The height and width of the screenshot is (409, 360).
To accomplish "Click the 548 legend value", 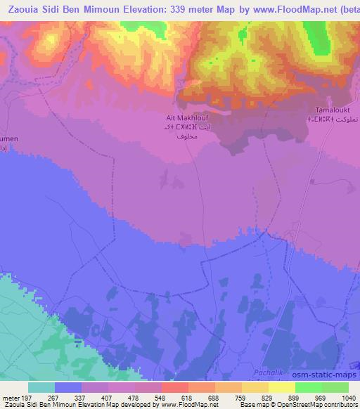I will (x=148, y=398).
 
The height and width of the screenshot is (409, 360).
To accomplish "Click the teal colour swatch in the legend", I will (x=41, y=387).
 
